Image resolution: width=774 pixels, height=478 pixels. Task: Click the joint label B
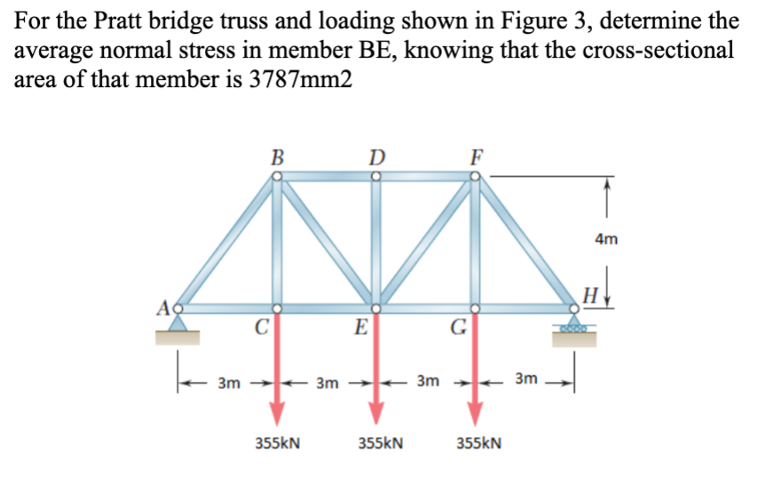pos(277,159)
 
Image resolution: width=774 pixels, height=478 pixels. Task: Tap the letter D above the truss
pos(376,159)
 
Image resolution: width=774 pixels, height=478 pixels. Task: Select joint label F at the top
pos(477,159)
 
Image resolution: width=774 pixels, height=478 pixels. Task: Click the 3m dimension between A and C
pos(228,383)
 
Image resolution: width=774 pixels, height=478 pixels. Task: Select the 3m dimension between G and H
pos(526,381)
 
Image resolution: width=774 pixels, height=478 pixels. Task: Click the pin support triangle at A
pos(178,325)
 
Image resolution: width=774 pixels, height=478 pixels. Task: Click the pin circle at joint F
pos(476,176)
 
